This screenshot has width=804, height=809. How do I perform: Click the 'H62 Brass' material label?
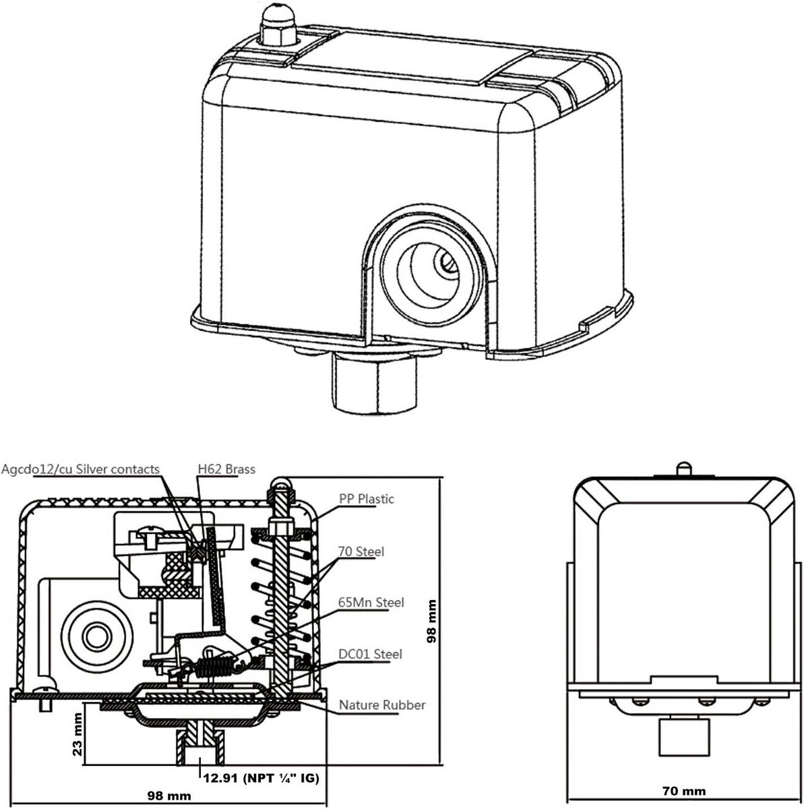[226, 469]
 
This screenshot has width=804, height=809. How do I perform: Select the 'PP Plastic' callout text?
[367, 499]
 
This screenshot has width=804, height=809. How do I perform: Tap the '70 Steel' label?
[361, 551]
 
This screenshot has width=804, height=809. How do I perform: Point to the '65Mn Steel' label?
[371, 603]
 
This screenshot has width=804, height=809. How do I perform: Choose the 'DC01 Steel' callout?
[370, 654]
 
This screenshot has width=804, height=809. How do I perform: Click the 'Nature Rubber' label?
[382, 705]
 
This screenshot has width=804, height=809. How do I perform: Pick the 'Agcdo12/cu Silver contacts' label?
[80, 469]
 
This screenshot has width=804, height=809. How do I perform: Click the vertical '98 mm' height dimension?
[431, 621]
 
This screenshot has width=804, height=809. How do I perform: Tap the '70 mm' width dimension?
[684, 791]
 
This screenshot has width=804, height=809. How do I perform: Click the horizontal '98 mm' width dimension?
[168, 796]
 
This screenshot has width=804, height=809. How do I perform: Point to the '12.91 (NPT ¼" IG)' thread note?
[261, 778]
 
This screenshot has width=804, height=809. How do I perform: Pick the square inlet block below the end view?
[684, 738]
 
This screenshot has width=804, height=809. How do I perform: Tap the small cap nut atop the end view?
[683, 469]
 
